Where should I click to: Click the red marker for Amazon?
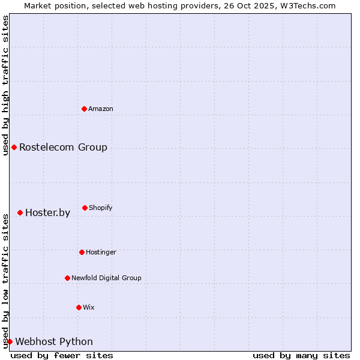pyautogui.click(x=84, y=109)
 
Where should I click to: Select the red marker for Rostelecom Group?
pyautogui.click(x=14, y=147)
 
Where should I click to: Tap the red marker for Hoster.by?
pyautogui.click(x=20, y=212)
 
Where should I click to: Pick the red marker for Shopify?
pyautogui.click(x=85, y=208)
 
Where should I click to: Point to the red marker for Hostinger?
pyautogui.click(x=82, y=252)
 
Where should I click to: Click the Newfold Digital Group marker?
pyautogui.click(x=67, y=278)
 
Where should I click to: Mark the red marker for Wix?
pyautogui.click(x=79, y=307)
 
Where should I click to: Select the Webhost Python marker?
pyautogui.click(x=10, y=341)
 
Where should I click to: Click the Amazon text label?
pyautogui.click(x=101, y=109)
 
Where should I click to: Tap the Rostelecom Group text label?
pyautogui.click(x=63, y=147)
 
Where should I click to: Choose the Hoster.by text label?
pyautogui.click(x=47, y=212)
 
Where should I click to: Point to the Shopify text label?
pyautogui.click(x=101, y=208)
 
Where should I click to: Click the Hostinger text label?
pyautogui.click(x=101, y=252)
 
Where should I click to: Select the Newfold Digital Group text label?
pyautogui.click(x=106, y=278)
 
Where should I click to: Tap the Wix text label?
pyautogui.click(x=89, y=307)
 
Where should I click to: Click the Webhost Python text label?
pyautogui.click(x=54, y=341)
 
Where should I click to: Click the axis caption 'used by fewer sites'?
pyautogui.click(x=62, y=355)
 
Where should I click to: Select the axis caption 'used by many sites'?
pyautogui.click(x=301, y=355)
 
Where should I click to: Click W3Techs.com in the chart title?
pyautogui.click(x=308, y=5)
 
